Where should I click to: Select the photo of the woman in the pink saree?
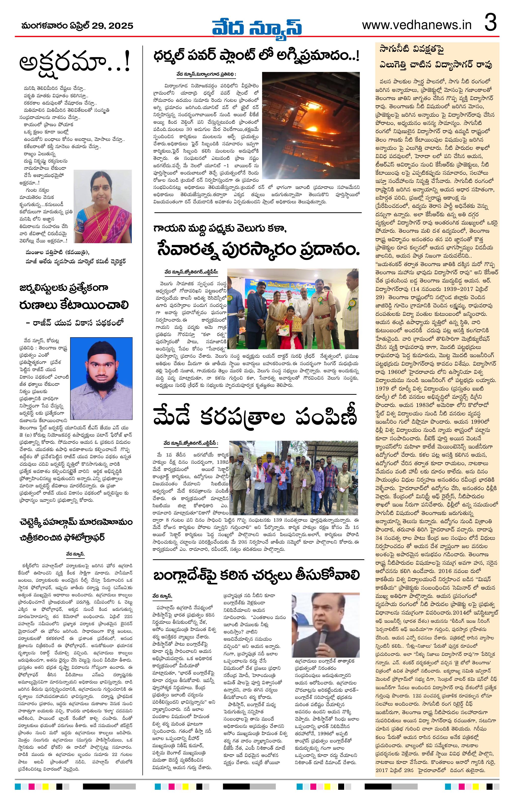click(x=103, y=206)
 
